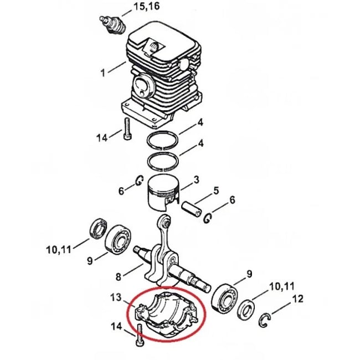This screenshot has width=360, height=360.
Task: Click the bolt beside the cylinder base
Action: click(127, 129)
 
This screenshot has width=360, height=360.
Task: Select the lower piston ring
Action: click(162, 162)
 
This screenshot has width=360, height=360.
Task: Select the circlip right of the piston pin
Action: click(208, 217)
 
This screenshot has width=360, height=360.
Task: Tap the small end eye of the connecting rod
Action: click(164, 222)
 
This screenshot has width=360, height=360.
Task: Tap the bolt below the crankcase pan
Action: click(138, 336)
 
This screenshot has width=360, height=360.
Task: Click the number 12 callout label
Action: click(297, 300)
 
